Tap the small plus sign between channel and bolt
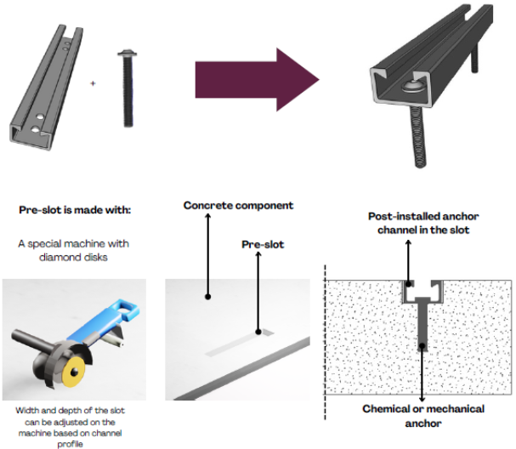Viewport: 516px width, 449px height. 93,83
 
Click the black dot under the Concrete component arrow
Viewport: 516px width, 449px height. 207,297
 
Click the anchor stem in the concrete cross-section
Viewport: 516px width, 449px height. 422,327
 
